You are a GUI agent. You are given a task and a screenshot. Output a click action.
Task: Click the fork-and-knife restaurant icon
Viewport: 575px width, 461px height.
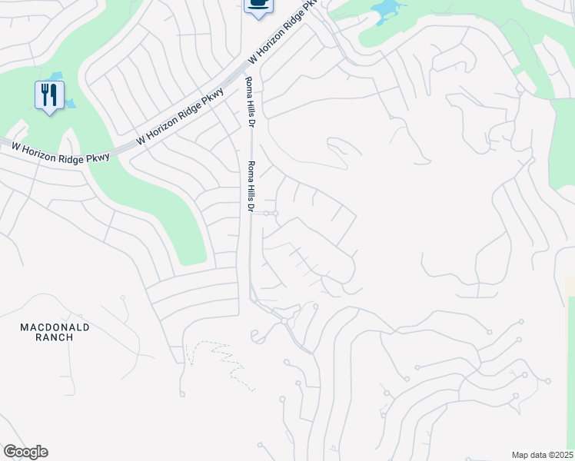coord(49,95)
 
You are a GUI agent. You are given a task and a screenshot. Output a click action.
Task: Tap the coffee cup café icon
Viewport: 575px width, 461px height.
coord(258,6)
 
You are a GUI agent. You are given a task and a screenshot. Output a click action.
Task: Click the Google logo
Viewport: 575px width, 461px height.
coord(25,452)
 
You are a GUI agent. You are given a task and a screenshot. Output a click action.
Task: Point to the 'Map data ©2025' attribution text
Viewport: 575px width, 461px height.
coord(542,455)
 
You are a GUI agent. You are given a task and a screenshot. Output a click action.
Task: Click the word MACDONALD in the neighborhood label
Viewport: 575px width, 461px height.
coord(55,327)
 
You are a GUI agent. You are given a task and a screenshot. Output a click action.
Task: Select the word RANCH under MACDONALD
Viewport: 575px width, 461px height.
coord(55,337)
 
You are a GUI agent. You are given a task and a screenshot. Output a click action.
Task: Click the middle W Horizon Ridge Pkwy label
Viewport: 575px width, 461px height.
coord(180,117)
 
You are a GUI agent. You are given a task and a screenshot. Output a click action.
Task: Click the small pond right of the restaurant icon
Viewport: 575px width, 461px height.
coord(70,102)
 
